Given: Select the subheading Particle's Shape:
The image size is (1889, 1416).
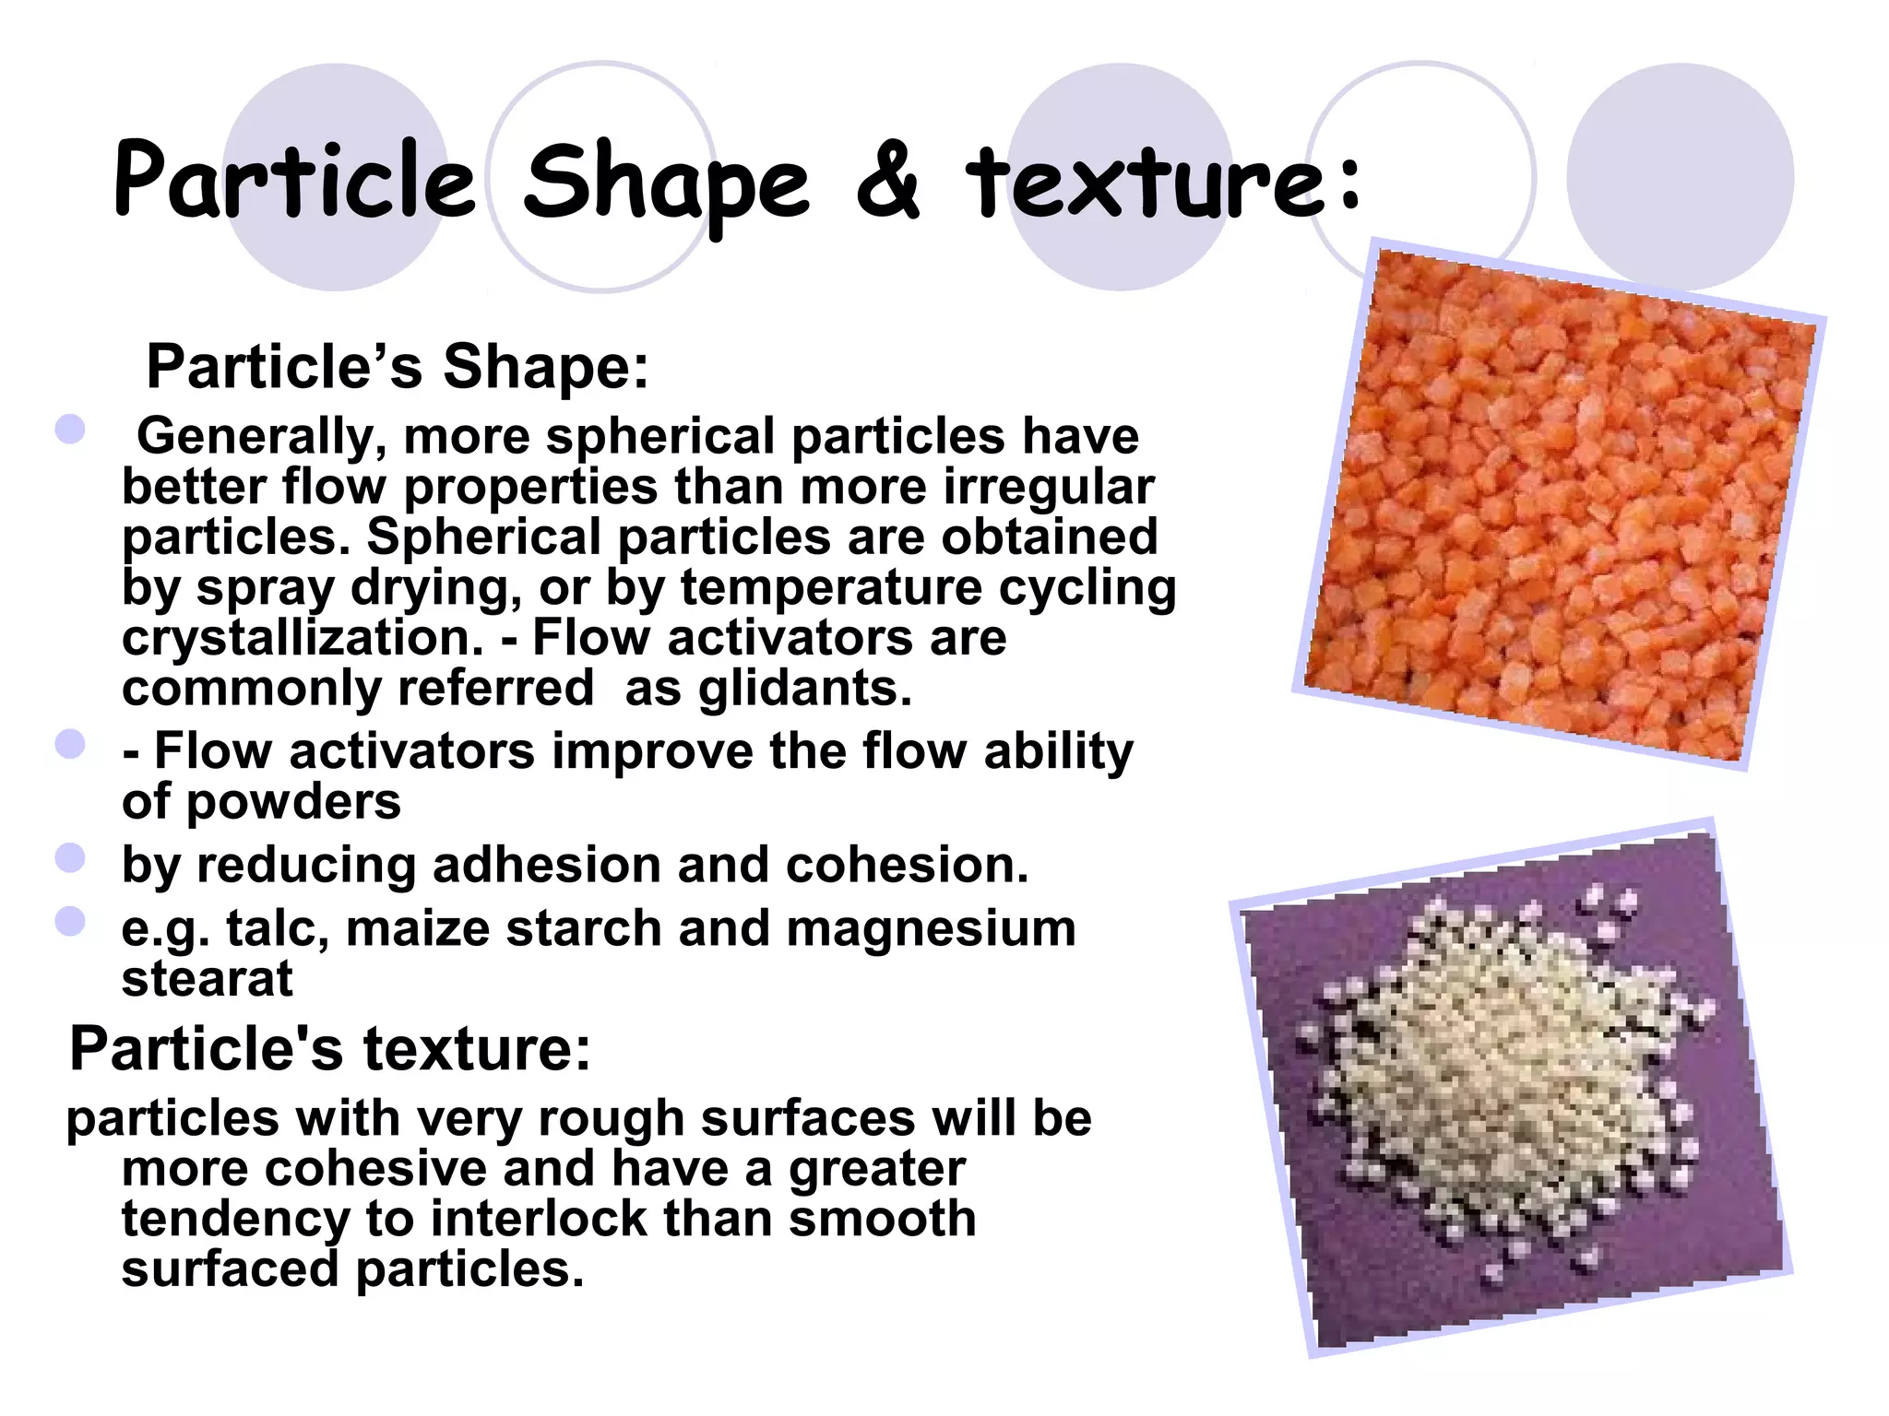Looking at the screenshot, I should tap(398, 367).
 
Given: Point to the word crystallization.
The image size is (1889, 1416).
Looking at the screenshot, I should tap(303, 638).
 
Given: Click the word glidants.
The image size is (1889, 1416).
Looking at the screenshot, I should tap(804, 688).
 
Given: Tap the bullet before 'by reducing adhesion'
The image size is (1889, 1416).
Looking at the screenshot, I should tap(70, 858).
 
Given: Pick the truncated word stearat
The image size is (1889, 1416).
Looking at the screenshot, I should tap(207, 978).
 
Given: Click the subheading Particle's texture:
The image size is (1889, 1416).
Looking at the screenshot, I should tap(330, 1049).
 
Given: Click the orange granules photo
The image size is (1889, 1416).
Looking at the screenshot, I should tap(1559, 505).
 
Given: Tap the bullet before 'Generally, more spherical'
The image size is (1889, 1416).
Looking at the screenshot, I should tap(70, 430).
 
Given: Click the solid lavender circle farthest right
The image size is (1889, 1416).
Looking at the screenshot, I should tap(1680, 176).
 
